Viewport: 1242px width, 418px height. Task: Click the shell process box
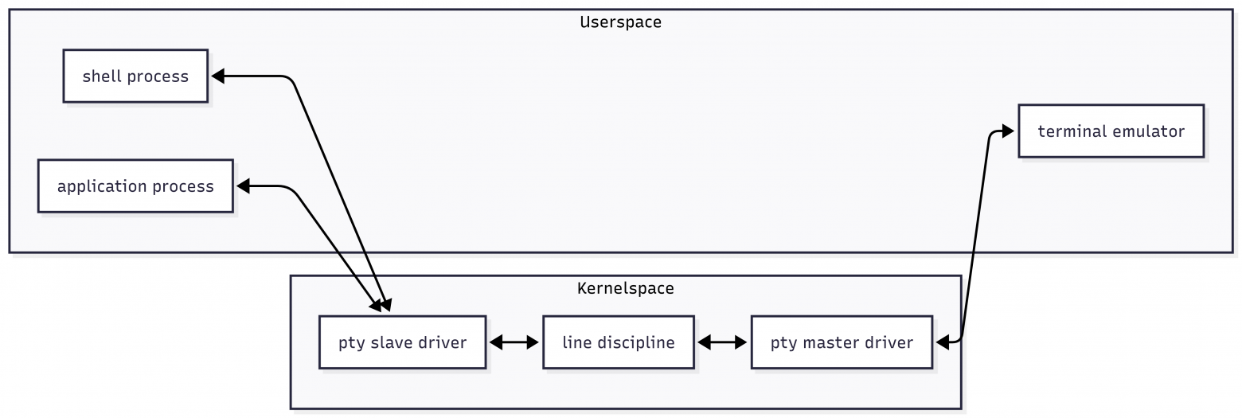click(135, 76)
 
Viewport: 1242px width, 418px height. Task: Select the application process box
click(135, 186)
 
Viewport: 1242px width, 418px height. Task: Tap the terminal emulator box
click(1111, 131)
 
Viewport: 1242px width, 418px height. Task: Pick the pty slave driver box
click(402, 342)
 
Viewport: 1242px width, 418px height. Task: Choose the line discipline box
click(618, 342)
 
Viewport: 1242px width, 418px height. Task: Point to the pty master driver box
click(842, 342)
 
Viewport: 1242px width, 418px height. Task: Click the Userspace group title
click(620, 21)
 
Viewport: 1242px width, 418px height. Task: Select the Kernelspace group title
click(625, 288)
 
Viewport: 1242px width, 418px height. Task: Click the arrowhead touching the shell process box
click(217, 76)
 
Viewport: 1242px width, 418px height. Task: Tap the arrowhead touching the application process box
click(243, 186)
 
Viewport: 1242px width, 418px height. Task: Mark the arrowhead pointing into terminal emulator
click(1008, 131)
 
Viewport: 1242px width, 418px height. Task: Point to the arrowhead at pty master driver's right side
click(943, 342)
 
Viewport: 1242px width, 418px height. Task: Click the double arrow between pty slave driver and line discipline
click(514, 342)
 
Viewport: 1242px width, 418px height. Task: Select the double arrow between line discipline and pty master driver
click(722, 342)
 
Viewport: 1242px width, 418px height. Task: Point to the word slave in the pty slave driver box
click(391, 342)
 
